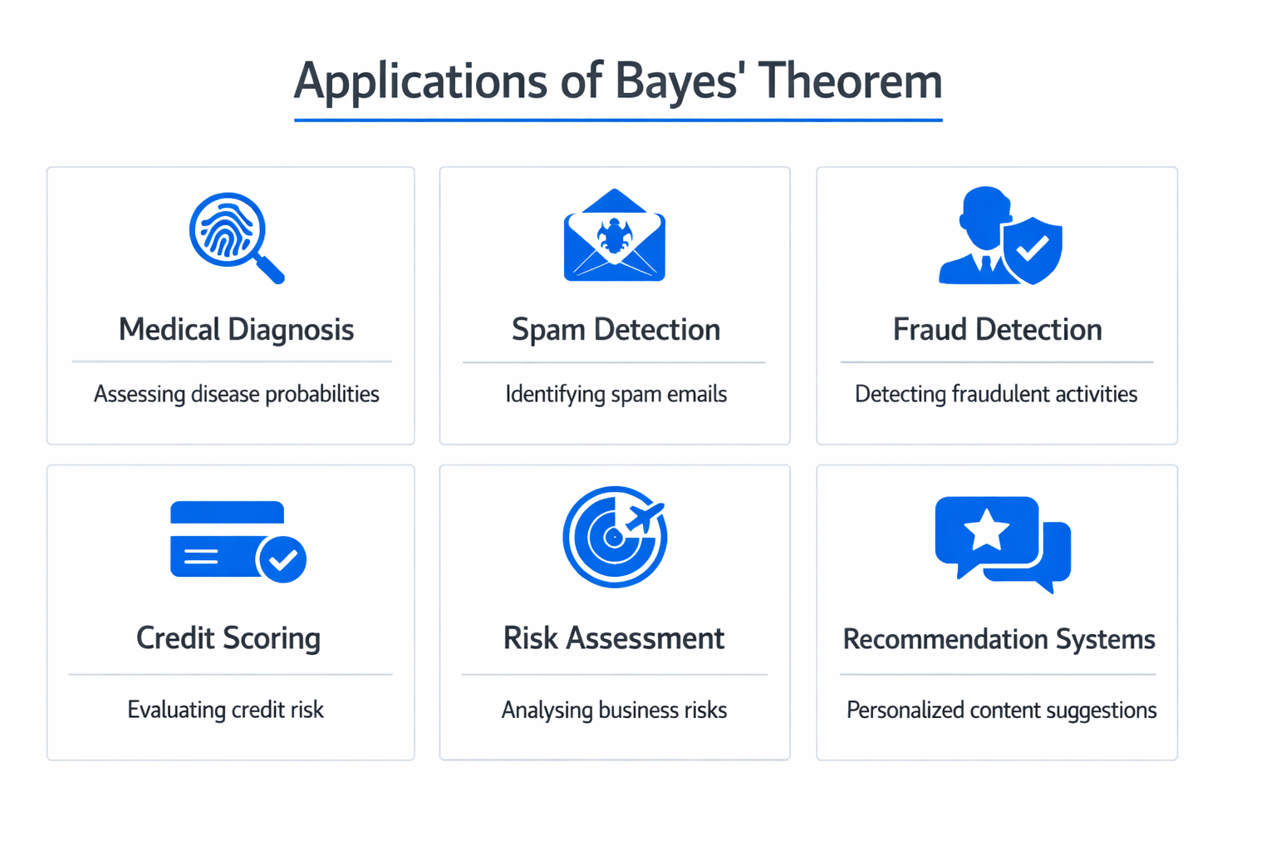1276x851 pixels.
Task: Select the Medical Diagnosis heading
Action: click(x=236, y=330)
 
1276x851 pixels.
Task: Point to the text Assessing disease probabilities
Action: click(x=236, y=394)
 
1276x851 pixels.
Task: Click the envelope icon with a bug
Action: click(x=615, y=236)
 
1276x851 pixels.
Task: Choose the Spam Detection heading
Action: click(x=616, y=330)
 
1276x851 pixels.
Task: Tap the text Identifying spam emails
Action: click(x=616, y=394)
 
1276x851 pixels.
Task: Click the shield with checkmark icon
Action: click(x=1032, y=248)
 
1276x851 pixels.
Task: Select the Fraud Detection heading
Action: click(x=997, y=330)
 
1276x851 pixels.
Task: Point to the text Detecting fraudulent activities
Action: click(x=996, y=394)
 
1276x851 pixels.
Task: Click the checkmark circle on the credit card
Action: click(x=282, y=559)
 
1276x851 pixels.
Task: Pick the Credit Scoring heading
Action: click(x=228, y=638)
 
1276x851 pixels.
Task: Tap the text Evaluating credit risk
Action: click(x=225, y=710)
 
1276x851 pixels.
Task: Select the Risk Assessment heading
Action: click(x=614, y=638)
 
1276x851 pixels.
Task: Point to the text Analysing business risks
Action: click(x=614, y=710)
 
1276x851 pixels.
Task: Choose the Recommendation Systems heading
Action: click(x=999, y=639)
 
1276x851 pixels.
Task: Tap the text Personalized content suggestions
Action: click(x=1001, y=711)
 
